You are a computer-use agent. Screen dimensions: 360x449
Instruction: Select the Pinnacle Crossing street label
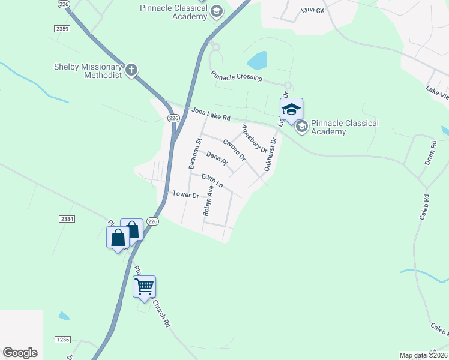point(236,76)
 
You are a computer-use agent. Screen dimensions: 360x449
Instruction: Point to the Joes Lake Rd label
point(211,114)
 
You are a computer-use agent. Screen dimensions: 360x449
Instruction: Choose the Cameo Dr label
point(234,149)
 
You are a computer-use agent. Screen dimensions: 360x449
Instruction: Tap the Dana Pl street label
point(217,158)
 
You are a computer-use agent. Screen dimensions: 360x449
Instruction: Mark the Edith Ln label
point(212,180)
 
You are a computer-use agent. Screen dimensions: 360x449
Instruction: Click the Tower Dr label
point(185,194)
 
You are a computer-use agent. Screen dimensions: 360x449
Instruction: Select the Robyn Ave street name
point(208,200)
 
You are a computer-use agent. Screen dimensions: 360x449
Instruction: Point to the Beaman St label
point(193,153)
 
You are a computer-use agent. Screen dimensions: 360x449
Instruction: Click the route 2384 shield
point(67,220)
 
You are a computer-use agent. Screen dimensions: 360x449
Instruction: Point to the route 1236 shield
point(62,340)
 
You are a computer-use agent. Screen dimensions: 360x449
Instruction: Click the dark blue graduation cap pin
point(291,110)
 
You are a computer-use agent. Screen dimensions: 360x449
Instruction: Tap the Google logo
point(20,353)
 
